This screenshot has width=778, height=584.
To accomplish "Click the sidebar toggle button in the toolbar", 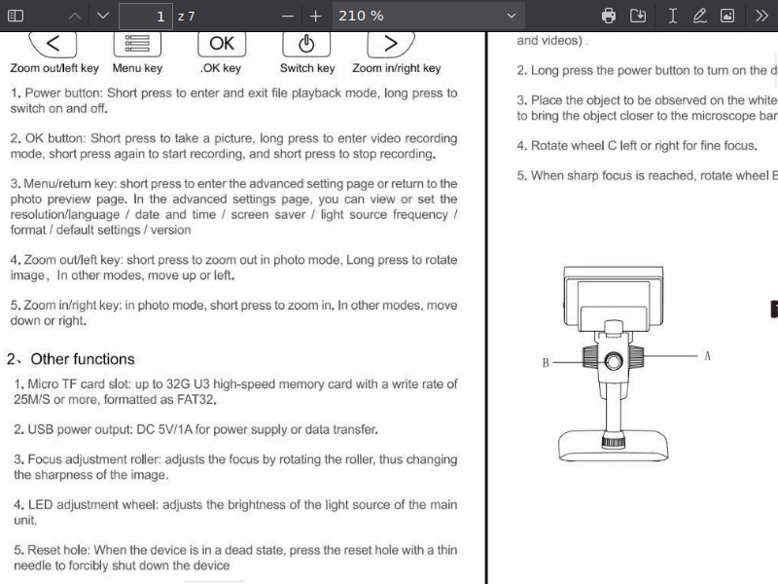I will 16,16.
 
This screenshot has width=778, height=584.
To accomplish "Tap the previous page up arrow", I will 76,16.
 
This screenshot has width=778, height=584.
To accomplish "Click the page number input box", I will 145,16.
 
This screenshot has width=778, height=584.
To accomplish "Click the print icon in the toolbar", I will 609,16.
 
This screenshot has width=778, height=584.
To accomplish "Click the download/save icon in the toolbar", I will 638,16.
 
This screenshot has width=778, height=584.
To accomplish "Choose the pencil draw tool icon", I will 699,16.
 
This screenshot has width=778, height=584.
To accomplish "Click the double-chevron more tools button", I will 761,16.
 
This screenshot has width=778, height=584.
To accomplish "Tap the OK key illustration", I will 222,44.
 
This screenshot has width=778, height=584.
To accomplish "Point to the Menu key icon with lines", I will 137,44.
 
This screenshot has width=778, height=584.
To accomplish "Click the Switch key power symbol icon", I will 306,44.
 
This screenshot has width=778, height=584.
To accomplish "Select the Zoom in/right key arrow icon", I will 391,44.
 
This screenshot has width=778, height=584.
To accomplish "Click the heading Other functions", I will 82,359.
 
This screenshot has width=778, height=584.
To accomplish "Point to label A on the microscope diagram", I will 707,356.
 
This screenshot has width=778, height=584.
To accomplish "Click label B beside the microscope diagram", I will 546,363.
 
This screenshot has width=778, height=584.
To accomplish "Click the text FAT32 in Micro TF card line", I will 196,399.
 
